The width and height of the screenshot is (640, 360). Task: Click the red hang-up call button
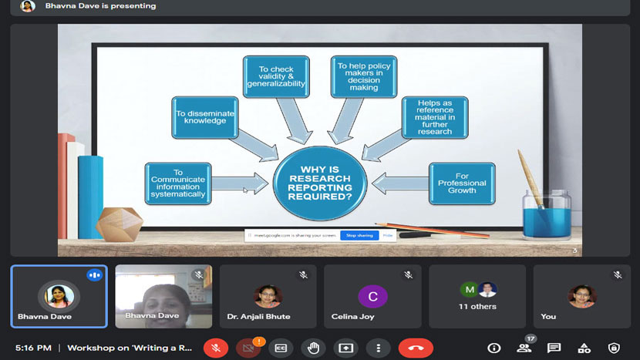(x=416, y=348)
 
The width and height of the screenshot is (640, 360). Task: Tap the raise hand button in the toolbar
(x=313, y=348)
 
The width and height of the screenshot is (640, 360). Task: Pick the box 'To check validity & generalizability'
(x=275, y=76)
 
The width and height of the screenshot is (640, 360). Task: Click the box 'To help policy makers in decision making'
(x=364, y=76)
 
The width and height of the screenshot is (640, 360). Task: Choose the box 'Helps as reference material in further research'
(x=435, y=116)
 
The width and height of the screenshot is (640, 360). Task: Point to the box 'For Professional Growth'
(x=462, y=183)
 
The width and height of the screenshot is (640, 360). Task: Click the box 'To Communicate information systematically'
(x=178, y=183)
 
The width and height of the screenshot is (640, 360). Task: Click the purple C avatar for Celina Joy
(x=372, y=296)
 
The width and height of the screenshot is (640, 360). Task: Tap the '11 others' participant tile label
(x=477, y=307)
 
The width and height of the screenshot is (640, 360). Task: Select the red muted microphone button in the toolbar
(x=216, y=348)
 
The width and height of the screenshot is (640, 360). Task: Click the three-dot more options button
(x=378, y=348)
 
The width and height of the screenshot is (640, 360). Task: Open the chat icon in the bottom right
(x=554, y=348)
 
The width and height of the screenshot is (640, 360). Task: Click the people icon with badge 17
(x=524, y=348)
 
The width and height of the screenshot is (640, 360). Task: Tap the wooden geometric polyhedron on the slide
(x=120, y=224)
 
